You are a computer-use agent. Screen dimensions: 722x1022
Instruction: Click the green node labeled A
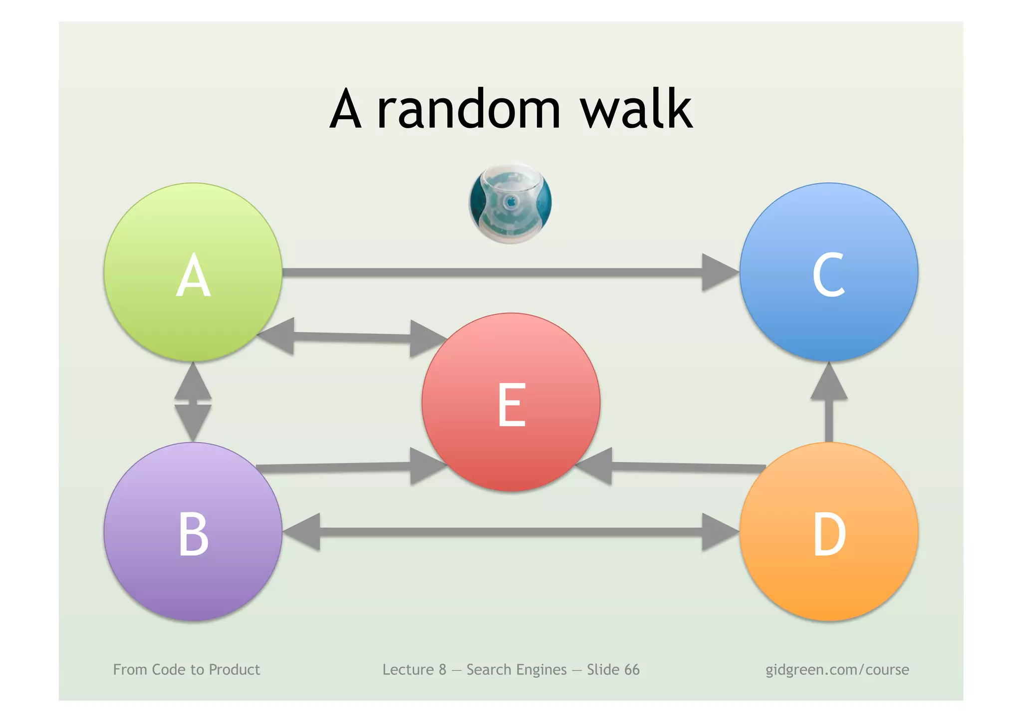(x=193, y=272)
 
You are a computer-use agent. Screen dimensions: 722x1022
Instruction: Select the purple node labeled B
(x=193, y=532)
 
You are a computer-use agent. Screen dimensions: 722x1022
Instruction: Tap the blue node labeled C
(x=829, y=272)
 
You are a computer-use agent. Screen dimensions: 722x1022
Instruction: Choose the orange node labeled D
(x=829, y=532)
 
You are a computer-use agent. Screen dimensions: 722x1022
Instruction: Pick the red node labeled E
(x=511, y=402)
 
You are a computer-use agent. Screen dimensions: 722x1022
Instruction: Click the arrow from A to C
(x=499, y=272)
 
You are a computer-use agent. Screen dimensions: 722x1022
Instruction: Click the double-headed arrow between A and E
(x=352, y=337)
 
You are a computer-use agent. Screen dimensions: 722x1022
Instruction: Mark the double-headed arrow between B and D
(x=511, y=532)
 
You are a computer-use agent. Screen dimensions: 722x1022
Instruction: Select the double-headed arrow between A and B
(x=193, y=402)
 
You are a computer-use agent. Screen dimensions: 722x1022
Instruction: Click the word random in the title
(x=469, y=110)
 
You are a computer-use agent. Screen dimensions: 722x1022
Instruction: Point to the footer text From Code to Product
(x=187, y=670)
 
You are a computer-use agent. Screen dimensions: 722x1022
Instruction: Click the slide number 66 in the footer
(x=631, y=670)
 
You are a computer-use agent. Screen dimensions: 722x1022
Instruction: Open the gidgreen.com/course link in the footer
(x=837, y=670)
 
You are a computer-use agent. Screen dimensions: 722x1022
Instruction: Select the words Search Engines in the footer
(x=516, y=670)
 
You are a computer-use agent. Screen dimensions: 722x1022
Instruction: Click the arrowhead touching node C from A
(x=719, y=272)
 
